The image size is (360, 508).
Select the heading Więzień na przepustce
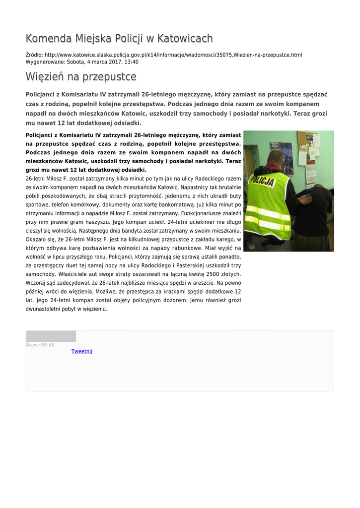click(81, 77)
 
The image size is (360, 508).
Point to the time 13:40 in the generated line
click(131, 62)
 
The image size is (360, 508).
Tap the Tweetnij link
click(82, 351)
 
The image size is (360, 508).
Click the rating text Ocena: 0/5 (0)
click(40, 345)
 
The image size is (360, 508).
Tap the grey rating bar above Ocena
click(51, 336)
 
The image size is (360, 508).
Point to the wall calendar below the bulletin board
click(311, 174)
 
